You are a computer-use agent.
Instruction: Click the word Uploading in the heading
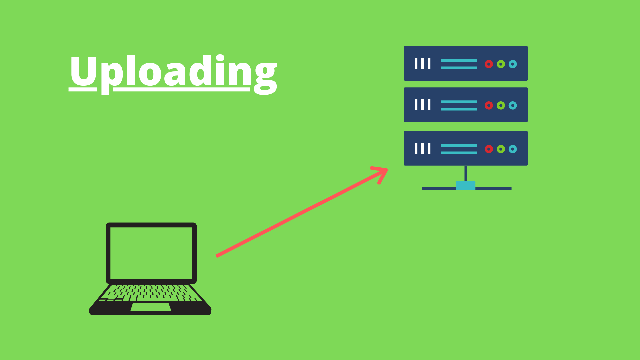(x=173, y=72)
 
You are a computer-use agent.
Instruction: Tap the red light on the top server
(x=489, y=64)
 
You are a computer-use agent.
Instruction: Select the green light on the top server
(x=501, y=64)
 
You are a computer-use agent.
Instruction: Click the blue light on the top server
(x=513, y=64)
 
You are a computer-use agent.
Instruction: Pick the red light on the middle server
(x=489, y=105)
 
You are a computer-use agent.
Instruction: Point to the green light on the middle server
(x=501, y=105)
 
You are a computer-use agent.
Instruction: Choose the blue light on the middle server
(x=513, y=105)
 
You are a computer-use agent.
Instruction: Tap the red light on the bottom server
(x=489, y=149)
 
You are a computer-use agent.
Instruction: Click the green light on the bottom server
(x=501, y=149)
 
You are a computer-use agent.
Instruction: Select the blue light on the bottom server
(x=513, y=149)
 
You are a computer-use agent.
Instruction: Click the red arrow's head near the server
(x=383, y=171)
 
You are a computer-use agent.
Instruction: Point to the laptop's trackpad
(x=151, y=307)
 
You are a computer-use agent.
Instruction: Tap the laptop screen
(x=151, y=253)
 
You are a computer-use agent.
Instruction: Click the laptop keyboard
(x=151, y=293)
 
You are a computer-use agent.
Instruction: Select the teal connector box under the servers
(x=466, y=185)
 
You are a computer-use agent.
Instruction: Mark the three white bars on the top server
(x=422, y=63)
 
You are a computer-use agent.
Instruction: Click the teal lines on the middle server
(x=459, y=105)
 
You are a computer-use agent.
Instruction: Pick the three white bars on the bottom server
(x=422, y=148)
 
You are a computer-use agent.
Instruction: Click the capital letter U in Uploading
(x=83, y=71)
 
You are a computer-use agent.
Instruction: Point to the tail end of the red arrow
(x=218, y=256)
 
